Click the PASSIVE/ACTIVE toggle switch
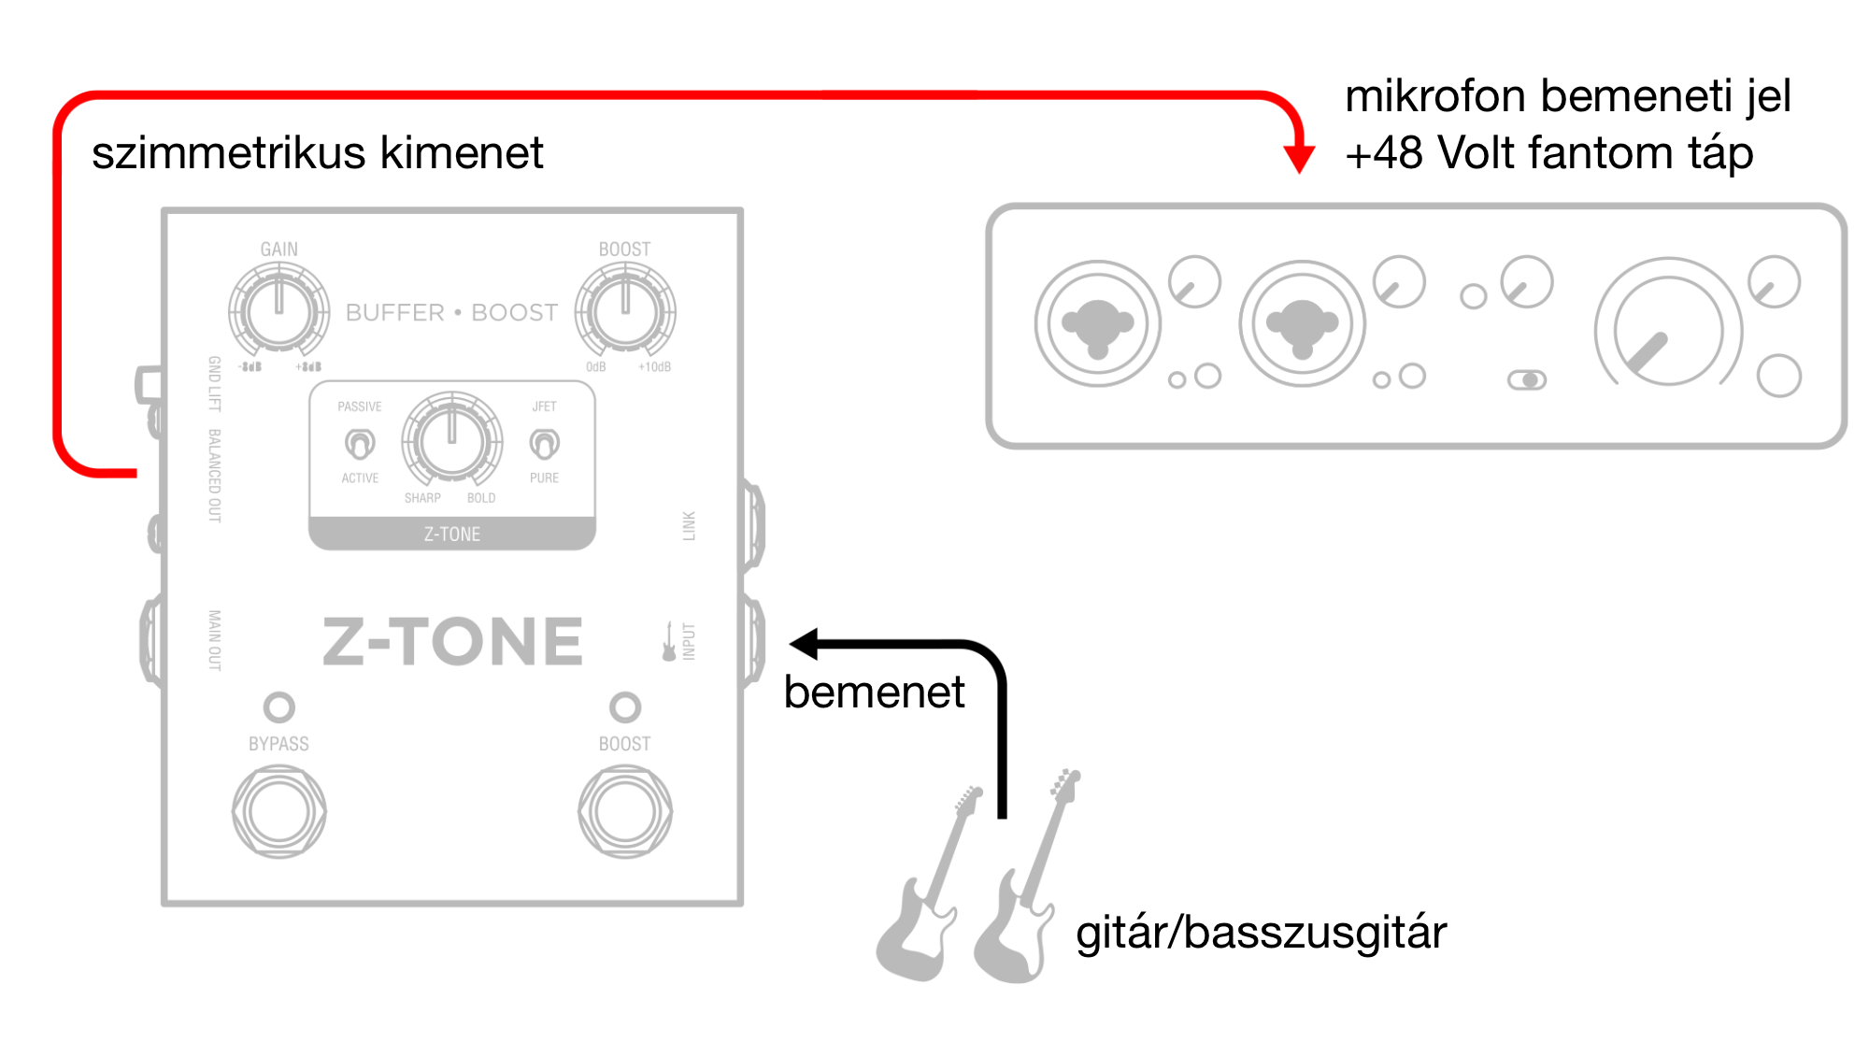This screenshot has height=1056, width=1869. click(360, 443)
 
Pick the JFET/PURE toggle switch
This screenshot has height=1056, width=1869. click(544, 443)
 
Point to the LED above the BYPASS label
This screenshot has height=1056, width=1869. click(279, 707)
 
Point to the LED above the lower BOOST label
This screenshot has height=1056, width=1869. click(625, 707)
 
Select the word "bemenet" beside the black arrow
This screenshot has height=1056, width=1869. click(874, 692)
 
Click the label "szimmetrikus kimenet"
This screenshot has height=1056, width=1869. click(317, 152)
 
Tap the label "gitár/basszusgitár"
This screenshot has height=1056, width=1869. click(1261, 933)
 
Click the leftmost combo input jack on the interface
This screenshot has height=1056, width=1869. click(1098, 324)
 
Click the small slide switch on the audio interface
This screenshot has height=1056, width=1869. click(1527, 379)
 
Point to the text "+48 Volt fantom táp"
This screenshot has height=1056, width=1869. click(1548, 152)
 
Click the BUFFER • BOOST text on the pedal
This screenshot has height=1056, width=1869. click(451, 312)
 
